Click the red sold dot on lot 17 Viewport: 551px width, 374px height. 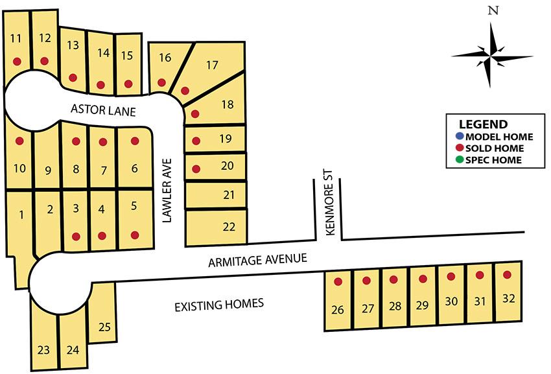[x=185, y=91]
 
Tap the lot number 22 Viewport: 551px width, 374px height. [x=228, y=226]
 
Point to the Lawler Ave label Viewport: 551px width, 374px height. [x=167, y=190]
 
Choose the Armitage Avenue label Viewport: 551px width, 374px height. [x=257, y=261]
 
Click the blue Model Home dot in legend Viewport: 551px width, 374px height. [x=460, y=137]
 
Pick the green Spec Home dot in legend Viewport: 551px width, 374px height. [x=460, y=160]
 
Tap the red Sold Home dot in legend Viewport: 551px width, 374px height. [x=460, y=148]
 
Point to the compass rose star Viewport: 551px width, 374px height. [x=492, y=56]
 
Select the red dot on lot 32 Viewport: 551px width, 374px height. [x=507, y=274]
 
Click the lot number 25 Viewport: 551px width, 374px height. [x=104, y=327]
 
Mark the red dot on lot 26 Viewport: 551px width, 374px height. [x=338, y=281]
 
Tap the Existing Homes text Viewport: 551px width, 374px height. [x=219, y=303]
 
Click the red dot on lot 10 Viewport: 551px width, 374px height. [x=19, y=141]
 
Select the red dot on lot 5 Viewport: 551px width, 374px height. [x=135, y=235]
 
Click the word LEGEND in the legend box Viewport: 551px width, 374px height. [x=483, y=124]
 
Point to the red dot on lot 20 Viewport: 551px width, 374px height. [x=196, y=169]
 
